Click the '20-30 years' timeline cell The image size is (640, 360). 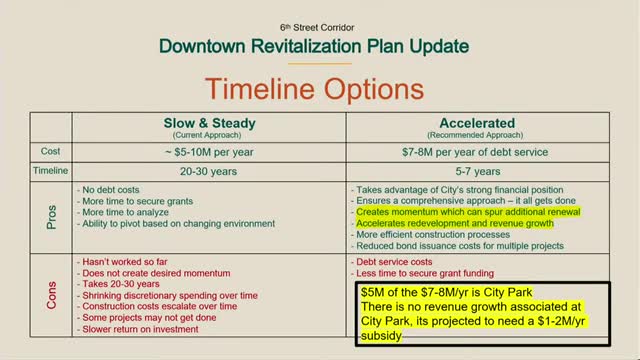[210, 171]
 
